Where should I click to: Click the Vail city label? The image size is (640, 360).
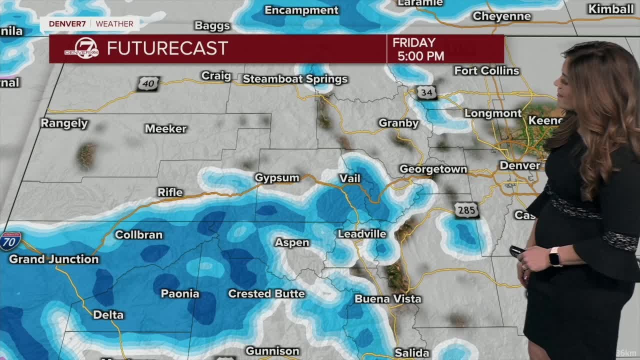(x=349, y=178)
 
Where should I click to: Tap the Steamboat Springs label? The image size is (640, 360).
(x=295, y=79)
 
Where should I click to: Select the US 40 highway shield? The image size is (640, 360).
(x=148, y=83)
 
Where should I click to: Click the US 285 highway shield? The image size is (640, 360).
(x=466, y=210)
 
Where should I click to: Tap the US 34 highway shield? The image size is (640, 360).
(x=426, y=92)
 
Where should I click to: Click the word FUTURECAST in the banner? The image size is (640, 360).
(x=167, y=48)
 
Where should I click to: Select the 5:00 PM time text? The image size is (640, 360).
(x=420, y=56)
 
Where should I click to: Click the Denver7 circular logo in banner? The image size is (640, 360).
(x=82, y=48)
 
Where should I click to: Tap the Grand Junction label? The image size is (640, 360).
(x=54, y=259)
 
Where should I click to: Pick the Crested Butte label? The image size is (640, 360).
(x=266, y=293)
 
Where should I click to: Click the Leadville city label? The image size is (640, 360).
(x=362, y=234)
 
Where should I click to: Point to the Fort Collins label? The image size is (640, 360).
(x=486, y=70)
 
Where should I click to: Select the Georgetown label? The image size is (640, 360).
(x=433, y=169)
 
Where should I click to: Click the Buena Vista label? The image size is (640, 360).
(x=388, y=299)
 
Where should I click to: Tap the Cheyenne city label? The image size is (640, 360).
(x=501, y=16)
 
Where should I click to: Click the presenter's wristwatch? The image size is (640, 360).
(x=554, y=257)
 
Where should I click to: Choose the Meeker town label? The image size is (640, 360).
(x=165, y=128)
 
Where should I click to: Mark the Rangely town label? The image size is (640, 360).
(x=64, y=123)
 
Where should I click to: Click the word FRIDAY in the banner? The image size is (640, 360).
(x=414, y=42)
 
